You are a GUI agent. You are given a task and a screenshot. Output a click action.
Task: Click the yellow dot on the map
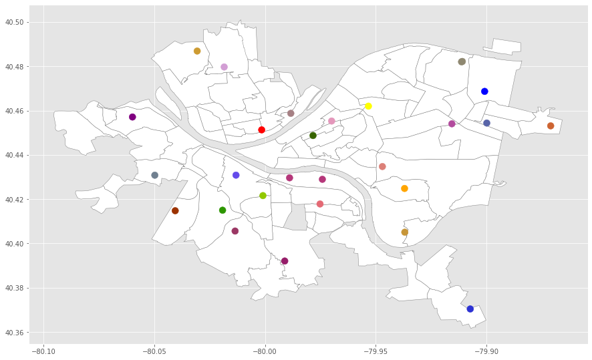tap(368, 106)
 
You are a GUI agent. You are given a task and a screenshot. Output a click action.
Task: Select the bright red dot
tap(262, 130)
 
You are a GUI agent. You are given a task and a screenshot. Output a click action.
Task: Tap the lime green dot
tap(263, 196)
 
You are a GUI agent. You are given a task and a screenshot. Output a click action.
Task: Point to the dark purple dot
tap(132, 117)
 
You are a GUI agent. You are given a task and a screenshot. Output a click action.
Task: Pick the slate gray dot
tap(155, 175)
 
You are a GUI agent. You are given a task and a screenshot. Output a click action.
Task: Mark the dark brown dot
tap(175, 210)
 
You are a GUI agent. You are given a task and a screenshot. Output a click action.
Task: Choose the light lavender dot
tap(225, 67)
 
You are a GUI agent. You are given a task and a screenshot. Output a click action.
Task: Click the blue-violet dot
tap(236, 175)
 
